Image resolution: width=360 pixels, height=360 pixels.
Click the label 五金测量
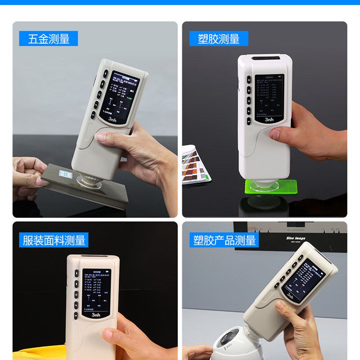[49, 39]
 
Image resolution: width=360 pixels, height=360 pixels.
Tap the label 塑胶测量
[219, 39]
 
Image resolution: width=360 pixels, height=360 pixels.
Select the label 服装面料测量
[54, 240]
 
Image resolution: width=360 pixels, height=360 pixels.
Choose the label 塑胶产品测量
[225, 240]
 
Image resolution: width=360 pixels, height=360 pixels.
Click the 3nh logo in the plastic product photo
[290, 296]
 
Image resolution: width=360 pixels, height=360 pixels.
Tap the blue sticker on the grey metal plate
[66, 175]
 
